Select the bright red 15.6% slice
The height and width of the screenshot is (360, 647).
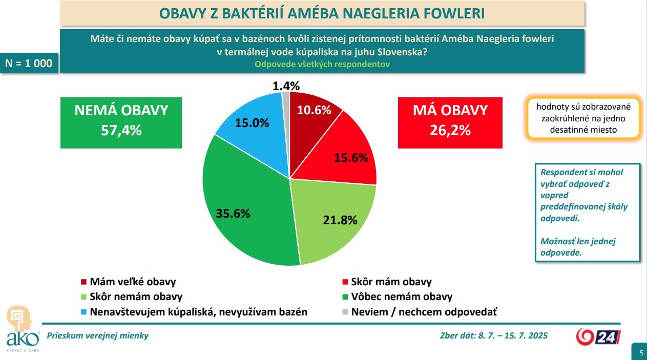click(348, 154)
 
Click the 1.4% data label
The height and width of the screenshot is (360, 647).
click(286, 86)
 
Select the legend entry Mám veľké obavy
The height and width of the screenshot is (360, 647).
click(133, 282)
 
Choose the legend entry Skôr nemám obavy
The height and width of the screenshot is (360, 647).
click(136, 297)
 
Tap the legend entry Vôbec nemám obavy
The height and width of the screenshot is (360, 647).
click(402, 297)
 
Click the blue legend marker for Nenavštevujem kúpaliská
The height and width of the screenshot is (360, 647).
click(84, 312)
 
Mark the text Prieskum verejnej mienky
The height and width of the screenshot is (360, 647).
click(98, 336)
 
